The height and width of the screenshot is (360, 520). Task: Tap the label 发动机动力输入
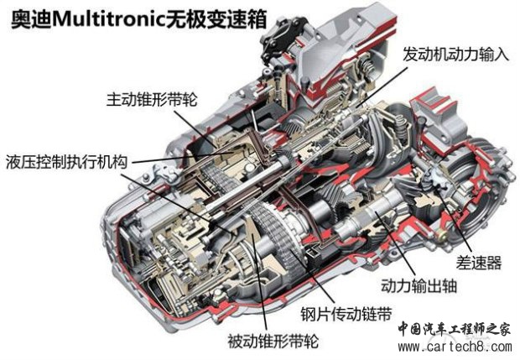(455, 54)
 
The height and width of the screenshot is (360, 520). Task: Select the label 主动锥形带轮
(152, 99)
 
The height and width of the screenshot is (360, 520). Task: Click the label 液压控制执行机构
(66, 162)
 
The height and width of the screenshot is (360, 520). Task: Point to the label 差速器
(479, 263)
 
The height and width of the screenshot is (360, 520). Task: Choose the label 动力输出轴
(419, 285)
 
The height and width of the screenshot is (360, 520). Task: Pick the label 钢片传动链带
(346, 314)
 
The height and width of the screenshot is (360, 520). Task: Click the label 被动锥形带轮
(273, 342)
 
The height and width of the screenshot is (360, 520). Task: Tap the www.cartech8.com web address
(455, 347)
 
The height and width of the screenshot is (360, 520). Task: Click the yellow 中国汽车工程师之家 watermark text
(454, 329)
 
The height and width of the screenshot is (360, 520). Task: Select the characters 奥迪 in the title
(32, 19)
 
